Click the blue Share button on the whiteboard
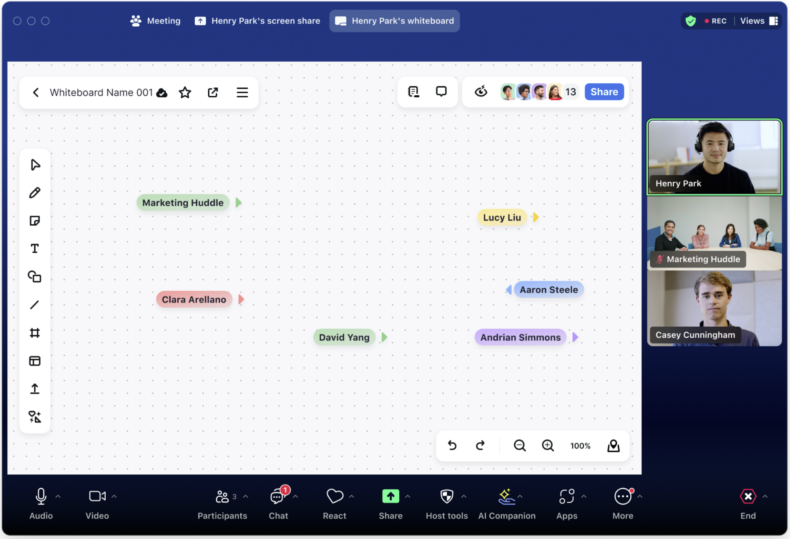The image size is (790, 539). [604, 92]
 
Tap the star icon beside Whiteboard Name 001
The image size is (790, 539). [185, 93]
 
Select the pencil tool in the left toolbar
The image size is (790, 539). [35, 193]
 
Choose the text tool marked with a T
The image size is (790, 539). [35, 249]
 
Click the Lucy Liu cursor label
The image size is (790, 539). [502, 217]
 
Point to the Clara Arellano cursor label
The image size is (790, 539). [194, 300]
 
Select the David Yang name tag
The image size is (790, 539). [344, 337]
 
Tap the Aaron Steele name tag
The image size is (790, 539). [549, 290]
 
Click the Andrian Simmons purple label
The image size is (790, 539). [520, 337]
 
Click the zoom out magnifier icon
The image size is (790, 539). [519, 446]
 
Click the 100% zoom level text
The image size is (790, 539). [580, 446]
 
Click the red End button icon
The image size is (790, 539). [748, 497]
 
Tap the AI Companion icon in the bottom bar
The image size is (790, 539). [506, 497]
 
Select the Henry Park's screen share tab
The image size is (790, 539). [257, 21]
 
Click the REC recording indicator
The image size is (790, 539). [716, 21]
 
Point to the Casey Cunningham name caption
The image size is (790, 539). [695, 335]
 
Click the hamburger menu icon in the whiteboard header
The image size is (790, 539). [242, 93]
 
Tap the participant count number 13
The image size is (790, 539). [571, 92]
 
